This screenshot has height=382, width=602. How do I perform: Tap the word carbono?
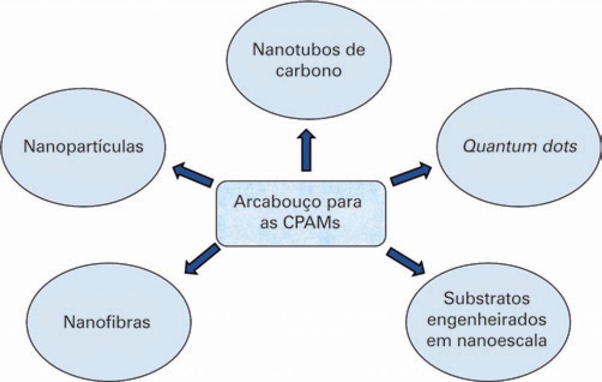point(309,71)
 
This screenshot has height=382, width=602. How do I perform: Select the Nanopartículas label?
point(83,147)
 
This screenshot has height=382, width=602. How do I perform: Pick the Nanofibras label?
point(106,322)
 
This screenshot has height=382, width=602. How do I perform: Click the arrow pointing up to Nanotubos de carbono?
point(306,150)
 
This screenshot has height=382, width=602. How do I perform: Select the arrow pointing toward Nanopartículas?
point(193,175)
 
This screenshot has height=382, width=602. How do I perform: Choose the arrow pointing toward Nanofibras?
point(201,260)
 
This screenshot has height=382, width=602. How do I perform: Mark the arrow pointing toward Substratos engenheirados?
point(406,261)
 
